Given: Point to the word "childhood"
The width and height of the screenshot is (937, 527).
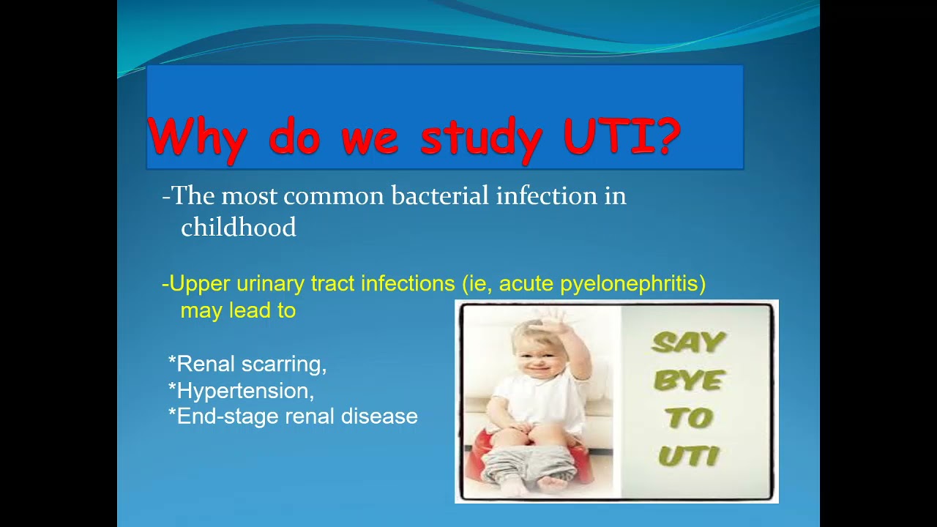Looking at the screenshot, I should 238,228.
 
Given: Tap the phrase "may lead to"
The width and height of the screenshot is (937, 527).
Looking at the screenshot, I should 238,310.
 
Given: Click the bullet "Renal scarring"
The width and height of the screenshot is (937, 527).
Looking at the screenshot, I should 249,364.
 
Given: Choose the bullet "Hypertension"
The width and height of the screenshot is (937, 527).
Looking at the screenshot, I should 243,391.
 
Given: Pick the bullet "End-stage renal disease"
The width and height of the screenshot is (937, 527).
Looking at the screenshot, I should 294,416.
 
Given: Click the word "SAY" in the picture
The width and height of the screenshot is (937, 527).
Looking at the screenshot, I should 688,343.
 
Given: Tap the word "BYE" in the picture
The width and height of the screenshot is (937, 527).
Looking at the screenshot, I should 688,381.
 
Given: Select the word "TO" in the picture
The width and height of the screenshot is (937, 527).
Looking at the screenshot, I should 688,418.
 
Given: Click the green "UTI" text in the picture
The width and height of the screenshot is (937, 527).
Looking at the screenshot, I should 688,457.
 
